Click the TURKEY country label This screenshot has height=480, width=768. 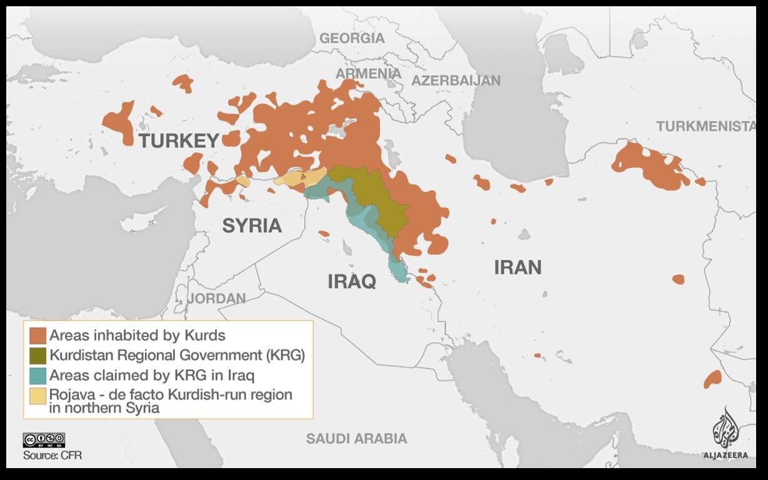179,141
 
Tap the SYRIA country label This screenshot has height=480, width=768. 252,226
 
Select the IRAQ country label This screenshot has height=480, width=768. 352,282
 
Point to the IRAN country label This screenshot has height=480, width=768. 517,267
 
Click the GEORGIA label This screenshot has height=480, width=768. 352,38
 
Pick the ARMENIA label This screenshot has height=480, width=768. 369,73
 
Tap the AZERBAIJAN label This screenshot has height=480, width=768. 456,80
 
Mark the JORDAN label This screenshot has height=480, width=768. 217,299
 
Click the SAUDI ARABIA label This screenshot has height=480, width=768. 356,439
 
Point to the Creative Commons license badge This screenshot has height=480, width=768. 44,440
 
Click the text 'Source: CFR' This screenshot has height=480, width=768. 52,455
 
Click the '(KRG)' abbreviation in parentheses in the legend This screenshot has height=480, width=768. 284,355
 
